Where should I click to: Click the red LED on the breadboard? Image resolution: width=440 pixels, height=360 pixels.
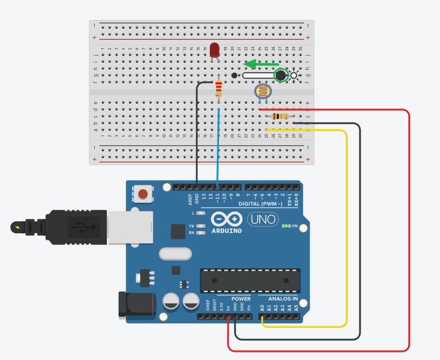(214, 50)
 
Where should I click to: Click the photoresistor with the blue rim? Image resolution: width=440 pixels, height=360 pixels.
(263, 92)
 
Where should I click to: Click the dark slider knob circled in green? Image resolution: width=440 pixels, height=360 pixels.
(280, 76)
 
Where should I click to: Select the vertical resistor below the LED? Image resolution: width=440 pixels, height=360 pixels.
(218, 90)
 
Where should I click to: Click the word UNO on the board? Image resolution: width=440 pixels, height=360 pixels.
(263, 219)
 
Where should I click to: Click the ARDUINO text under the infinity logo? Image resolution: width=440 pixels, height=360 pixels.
(226, 230)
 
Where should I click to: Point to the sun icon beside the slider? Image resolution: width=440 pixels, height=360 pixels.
(294, 76)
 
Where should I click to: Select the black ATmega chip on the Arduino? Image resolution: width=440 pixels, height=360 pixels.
(250, 281)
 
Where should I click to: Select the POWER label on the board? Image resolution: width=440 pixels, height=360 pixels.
(241, 298)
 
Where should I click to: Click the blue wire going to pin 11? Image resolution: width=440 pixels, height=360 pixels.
(218, 148)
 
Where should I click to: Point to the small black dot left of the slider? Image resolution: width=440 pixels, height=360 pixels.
(234, 76)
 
